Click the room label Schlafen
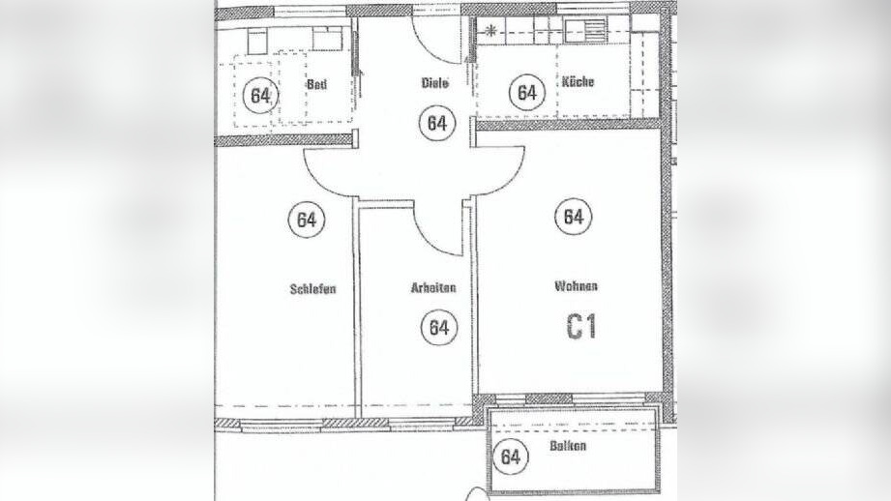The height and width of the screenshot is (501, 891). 312,288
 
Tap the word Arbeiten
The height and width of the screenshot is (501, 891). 432,288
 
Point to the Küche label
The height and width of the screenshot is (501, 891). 578,82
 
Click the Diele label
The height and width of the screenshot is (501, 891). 434,83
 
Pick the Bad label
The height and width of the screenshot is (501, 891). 316,84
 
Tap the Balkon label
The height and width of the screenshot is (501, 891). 568,448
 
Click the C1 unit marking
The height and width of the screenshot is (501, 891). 580,328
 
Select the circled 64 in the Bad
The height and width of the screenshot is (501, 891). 259,95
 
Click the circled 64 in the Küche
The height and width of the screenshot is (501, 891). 527,93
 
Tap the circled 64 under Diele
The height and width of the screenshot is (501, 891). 437,124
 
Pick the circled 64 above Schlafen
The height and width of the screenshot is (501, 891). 306,220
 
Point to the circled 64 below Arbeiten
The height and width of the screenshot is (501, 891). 439,327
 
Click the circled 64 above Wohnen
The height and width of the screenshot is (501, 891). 574,217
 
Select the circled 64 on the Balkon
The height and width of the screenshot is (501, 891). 512,457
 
